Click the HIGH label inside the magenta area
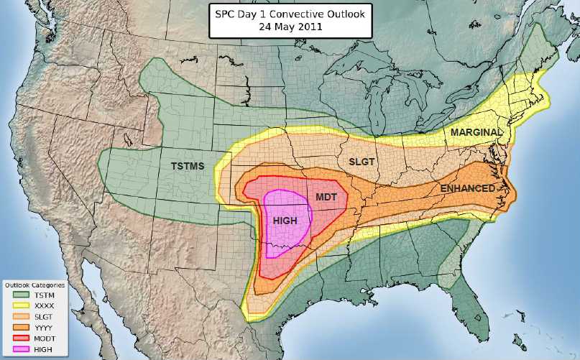click(285, 220)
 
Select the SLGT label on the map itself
click(362, 162)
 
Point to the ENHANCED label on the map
click(467, 188)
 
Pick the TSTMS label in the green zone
click(188, 166)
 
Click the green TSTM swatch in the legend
click(19, 295)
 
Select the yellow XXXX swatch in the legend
click(19, 306)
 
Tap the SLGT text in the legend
click(43, 317)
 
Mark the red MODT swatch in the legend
click(19, 338)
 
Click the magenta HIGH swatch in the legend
click(19, 349)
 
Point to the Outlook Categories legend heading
click(35, 285)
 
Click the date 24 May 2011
click(291, 27)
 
